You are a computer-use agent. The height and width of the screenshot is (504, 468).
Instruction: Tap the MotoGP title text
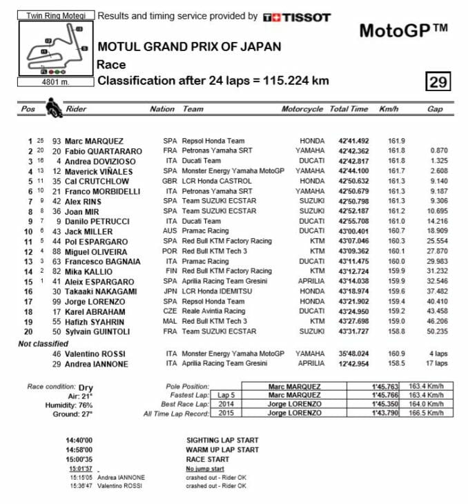coord(404,30)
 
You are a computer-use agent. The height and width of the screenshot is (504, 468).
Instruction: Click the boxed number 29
coord(438,82)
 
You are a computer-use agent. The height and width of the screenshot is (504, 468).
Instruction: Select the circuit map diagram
coord(55,50)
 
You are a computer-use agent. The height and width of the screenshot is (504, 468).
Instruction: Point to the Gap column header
coord(435,109)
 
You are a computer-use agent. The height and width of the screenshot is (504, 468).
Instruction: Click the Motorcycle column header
coord(302,109)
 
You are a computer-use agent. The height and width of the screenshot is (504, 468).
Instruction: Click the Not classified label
coord(43,343)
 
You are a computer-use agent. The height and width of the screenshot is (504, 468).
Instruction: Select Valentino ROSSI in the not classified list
coord(96,353)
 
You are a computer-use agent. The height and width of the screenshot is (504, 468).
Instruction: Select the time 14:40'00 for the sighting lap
coord(79,440)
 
